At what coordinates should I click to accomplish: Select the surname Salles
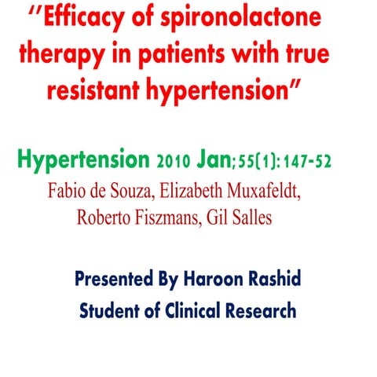[250, 218]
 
